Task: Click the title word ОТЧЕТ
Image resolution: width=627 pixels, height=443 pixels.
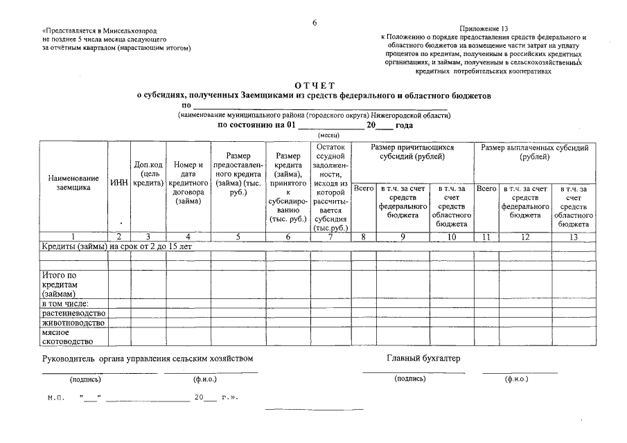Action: tap(314, 84)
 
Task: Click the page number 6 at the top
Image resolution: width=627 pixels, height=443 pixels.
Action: tap(314, 23)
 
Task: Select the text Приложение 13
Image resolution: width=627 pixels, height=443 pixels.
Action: tap(484, 28)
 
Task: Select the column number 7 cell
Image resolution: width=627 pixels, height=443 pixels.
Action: tap(330, 237)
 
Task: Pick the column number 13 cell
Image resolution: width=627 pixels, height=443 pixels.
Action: tap(573, 237)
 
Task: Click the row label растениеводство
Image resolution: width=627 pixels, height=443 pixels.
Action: tap(73, 313)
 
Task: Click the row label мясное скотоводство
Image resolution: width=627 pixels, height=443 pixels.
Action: tap(67, 336)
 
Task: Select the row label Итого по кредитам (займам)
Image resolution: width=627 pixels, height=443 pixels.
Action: tap(62, 284)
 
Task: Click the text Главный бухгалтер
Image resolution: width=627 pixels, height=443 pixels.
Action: tap(423, 359)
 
